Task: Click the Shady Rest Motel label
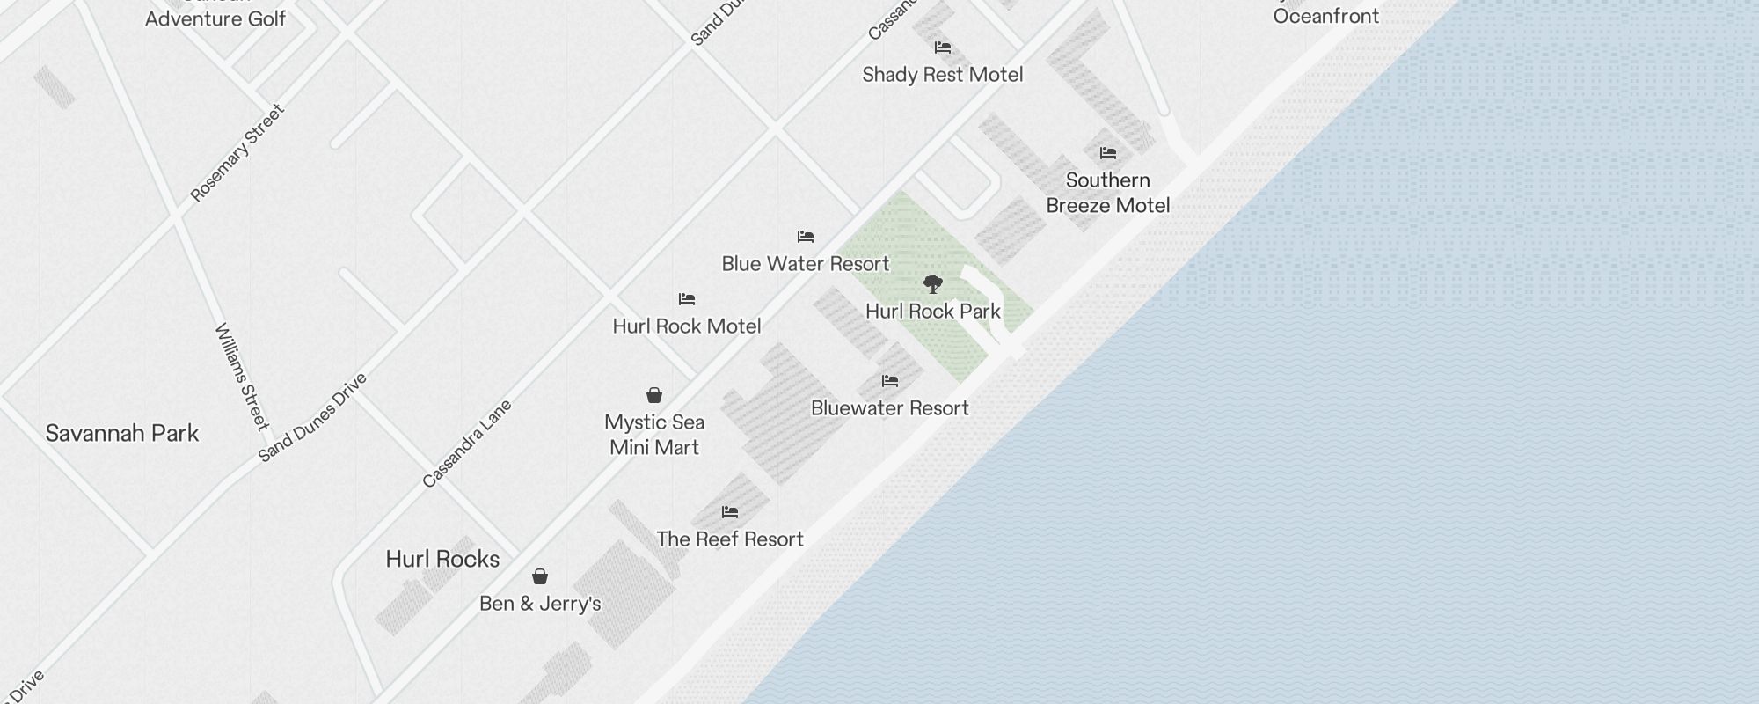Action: point(942,75)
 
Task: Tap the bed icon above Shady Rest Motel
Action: point(943,48)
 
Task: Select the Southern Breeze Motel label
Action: point(1107,193)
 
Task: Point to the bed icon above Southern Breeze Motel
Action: point(1108,153)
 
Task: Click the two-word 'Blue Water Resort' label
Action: point(805,264)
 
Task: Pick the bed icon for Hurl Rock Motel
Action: point(687,300)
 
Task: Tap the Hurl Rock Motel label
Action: point(687,326)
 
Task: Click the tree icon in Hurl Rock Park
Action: point(933,284)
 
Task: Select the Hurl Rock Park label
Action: point(933,312)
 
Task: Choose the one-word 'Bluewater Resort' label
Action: point(889,408)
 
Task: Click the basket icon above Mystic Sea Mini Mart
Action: point(654,395)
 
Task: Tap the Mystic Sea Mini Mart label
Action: point(654,435)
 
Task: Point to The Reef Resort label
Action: point(730,539)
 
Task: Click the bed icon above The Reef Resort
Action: point(730,512)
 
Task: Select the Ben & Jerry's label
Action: point(540,604)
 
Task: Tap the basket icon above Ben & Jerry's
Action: point(540,577)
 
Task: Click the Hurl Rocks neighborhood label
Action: point(442,560)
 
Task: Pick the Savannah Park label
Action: point(122,434)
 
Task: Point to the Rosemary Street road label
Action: point(237,153)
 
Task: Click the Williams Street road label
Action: point(241,377)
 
